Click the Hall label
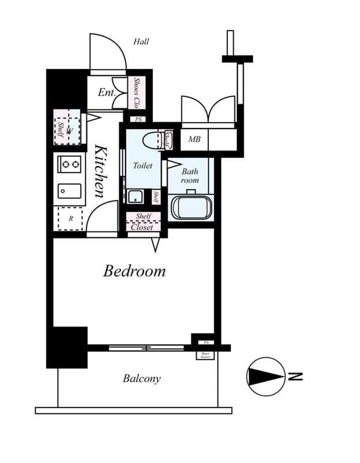click(141, 42)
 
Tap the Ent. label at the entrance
click(106, 93)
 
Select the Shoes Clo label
click(137, 93)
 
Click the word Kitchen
click(100, 171)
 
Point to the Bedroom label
click(134, 271)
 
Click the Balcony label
click(141, 379)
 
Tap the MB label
click(194, 139)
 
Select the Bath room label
click(190, 176)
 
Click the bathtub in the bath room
click(192, 207)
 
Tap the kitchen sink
click(69, 191)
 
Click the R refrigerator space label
click(71, 219)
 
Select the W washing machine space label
click(69, 131)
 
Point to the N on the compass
click(296, 376)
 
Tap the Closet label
click(142, 227)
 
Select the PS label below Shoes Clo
click(138, 120)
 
